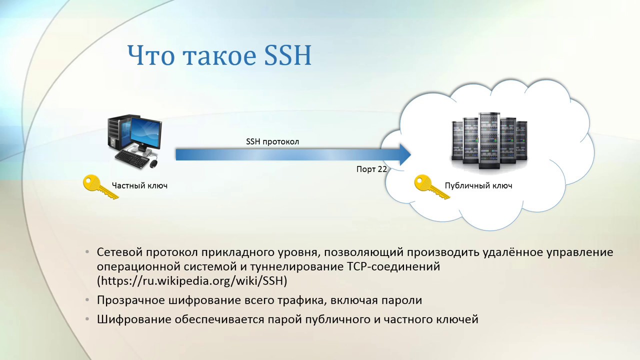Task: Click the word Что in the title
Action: click(150, 55)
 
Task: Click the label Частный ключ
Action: click(139, 185)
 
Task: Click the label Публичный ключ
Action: click(478, 185)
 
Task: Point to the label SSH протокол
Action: click(272, 141)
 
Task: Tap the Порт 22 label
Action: click(371, 169)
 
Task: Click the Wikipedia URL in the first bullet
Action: click(192, 281)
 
